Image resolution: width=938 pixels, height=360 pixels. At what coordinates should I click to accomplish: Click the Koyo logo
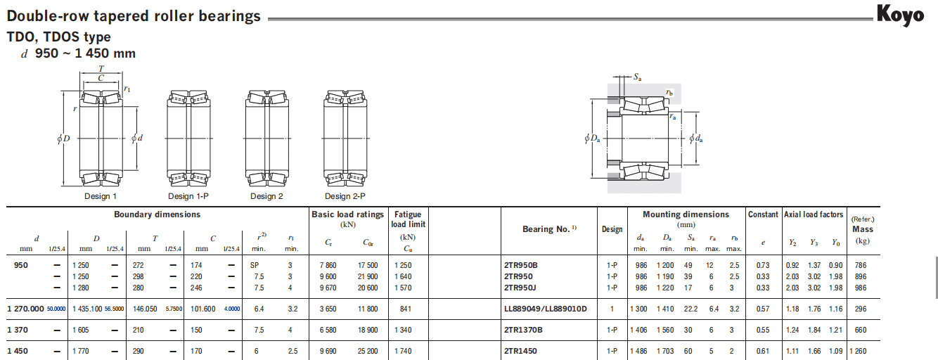900,15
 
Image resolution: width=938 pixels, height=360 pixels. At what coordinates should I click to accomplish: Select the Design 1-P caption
188,196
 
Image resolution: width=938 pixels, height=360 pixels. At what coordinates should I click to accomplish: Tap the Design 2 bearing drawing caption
266,196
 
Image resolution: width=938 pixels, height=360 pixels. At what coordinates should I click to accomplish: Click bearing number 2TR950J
520,288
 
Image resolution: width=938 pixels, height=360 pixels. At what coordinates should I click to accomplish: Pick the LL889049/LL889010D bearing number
545,309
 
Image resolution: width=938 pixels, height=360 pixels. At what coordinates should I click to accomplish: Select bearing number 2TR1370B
523,330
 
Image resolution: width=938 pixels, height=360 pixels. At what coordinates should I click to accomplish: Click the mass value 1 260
858,351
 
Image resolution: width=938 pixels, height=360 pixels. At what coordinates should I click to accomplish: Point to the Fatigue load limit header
408,219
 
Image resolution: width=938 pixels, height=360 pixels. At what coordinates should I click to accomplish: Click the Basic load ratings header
347,214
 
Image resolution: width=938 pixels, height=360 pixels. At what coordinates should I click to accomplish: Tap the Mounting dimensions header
686,214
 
